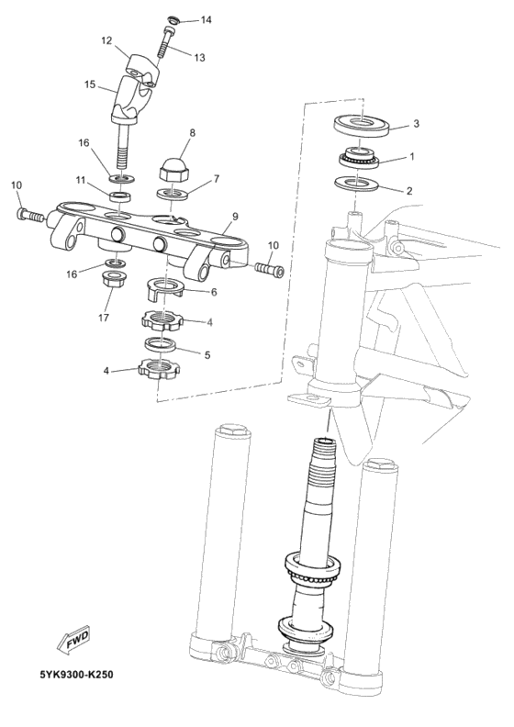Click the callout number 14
[x=205, y=19]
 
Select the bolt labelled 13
[x=166, y=42]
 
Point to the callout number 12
[x=106, y=40]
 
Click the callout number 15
[x=90, y=84]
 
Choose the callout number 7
[x=217, y=179]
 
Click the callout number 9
[x=235, y=217]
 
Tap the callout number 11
[x=80, y=179]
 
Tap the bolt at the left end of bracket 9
[x=30, y=215]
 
